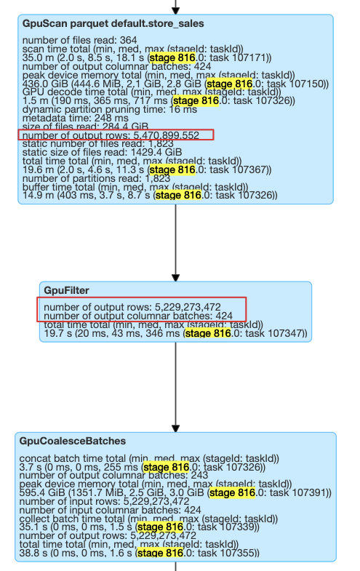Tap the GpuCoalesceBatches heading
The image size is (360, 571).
click(73, 441)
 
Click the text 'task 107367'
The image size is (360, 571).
click(241, 169)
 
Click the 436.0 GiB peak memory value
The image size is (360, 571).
click(43, 84)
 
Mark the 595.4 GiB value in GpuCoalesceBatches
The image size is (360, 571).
click(42, 492)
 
